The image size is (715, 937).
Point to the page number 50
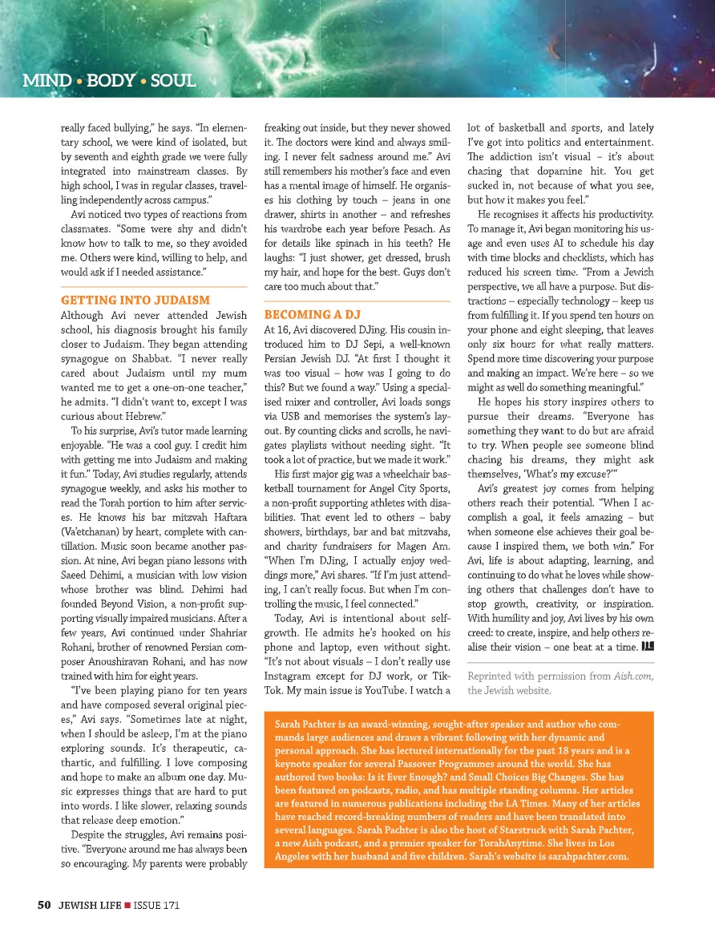[x=45, y=905]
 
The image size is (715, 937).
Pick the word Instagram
[x=289, y=675]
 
